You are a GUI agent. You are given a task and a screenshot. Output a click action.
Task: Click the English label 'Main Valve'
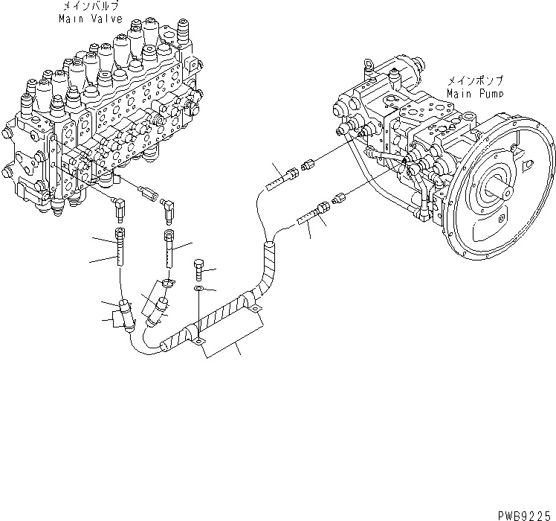tap(90, 19)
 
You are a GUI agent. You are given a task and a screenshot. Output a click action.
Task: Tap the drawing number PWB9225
tap(526, 514)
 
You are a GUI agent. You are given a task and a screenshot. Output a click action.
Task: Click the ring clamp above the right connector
tap(168, 283)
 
